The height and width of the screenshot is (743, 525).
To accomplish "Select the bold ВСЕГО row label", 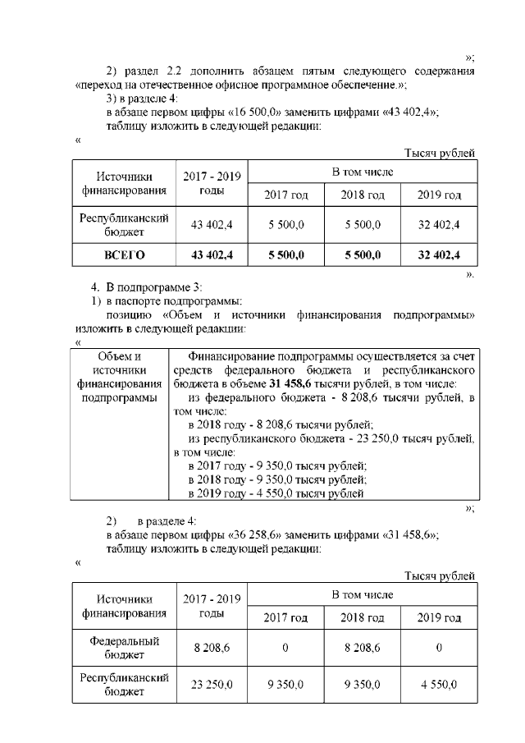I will (x=124, y=255).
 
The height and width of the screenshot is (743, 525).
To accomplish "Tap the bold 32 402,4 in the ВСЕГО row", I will (x=438, y=255).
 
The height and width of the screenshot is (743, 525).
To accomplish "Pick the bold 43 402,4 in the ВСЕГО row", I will (x=212, y=255).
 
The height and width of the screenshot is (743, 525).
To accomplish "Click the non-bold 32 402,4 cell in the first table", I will (x=438, y=224).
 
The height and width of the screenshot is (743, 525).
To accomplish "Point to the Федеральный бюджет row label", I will (x=124, y=648).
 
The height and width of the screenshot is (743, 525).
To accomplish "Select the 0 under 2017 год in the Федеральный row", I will (x=285, y=648).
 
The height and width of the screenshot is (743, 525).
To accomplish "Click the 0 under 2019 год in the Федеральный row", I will (x=439, y=648).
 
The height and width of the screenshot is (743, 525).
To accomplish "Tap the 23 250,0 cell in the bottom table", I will (x=212, y=685).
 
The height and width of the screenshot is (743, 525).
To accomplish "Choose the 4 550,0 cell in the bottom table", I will (x=439, y=685).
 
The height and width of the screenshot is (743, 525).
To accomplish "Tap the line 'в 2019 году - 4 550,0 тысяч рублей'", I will (x=276, y=493).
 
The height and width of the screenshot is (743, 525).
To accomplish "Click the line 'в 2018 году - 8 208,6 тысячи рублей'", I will (x=281, y=424).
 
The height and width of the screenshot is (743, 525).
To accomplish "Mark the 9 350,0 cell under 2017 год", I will (x=285, y=685).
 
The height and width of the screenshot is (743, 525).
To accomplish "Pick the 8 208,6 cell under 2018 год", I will (x=362, y=648).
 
